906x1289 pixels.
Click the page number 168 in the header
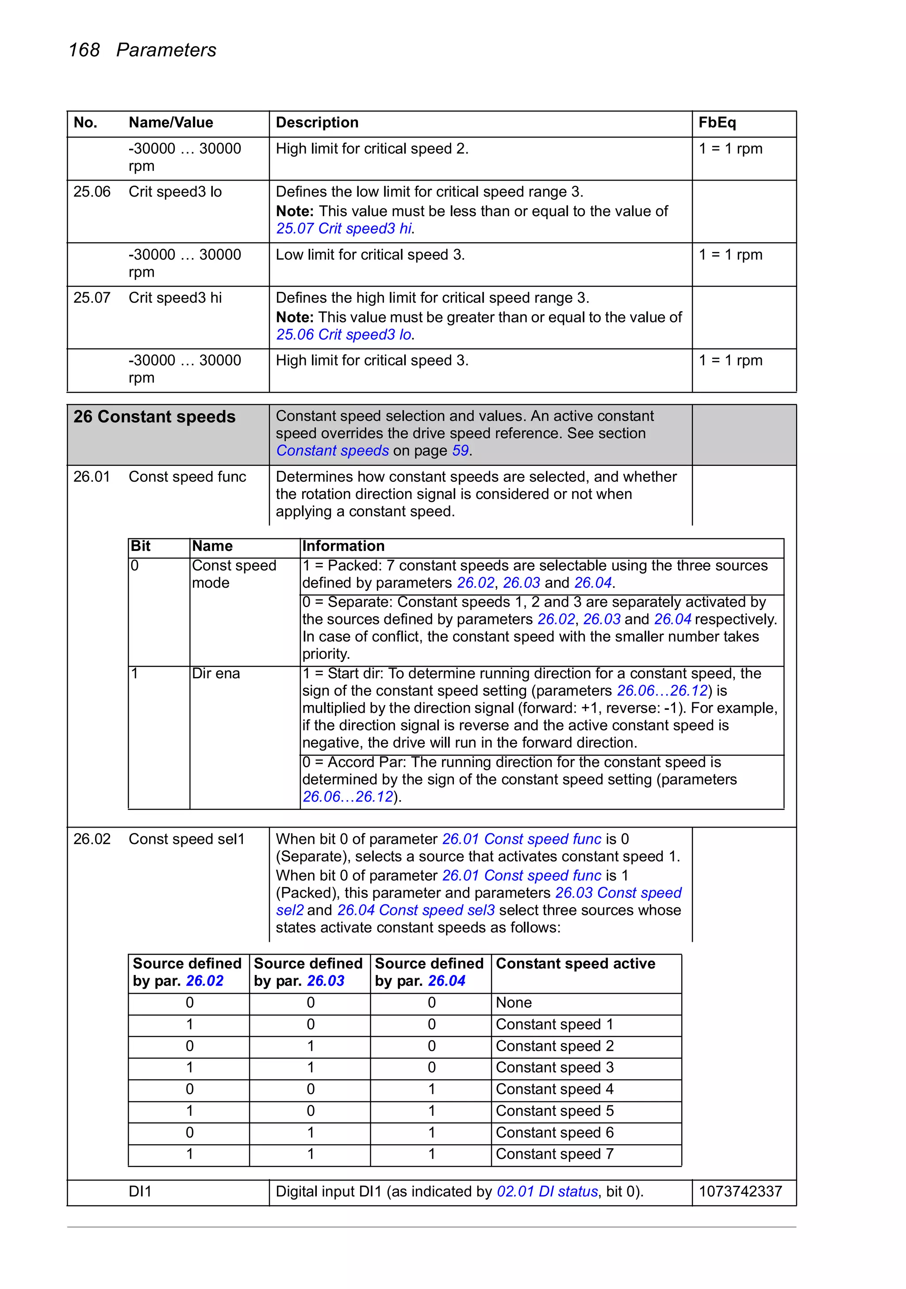point(84,50)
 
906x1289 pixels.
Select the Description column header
point(316,122)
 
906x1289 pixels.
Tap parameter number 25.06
point(92,192)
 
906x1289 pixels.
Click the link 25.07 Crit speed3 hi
point(344,228)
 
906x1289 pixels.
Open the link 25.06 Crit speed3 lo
point(344,335)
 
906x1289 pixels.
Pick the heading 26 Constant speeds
point(154,417)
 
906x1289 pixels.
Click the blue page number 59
point(460,451)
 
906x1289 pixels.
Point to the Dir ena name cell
point(215,673)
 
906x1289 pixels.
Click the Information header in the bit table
point(343,546)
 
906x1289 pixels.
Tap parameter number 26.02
point(92,839)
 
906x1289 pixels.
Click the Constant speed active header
point(575,964)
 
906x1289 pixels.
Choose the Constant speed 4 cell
point(554,1089)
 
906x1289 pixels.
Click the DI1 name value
point(140,1191)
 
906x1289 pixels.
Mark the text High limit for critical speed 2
point(371,149)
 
